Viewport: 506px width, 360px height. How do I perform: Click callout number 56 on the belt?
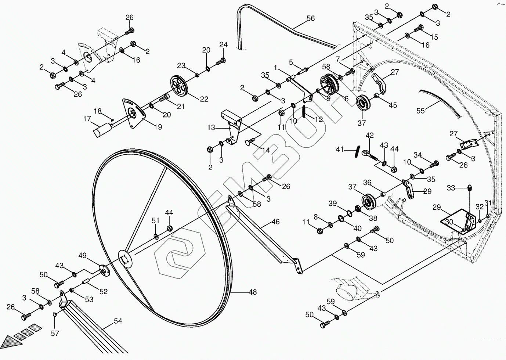tap(311, 18)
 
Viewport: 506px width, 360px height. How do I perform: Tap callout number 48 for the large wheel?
tap(253, 292)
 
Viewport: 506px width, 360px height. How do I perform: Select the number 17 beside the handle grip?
tap(87, 119)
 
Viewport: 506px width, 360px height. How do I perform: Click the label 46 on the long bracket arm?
tap(275, 222)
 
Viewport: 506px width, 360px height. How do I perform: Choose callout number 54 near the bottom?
tap(118, 321)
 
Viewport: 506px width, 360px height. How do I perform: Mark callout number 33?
tap(451, 188)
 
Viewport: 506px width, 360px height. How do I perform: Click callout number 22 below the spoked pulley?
tap(204, 99)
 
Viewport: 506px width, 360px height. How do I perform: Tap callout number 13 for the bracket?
tap(211, 128)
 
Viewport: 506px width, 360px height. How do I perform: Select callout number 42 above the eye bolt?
tap(369, 135)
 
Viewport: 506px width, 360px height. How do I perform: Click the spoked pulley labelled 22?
tap(179, 85)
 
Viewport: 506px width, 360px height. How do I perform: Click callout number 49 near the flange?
tap(82, 256)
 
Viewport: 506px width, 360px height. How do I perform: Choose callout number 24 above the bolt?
tap(224, 45)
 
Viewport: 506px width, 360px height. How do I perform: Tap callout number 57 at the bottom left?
tap(55, 333)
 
